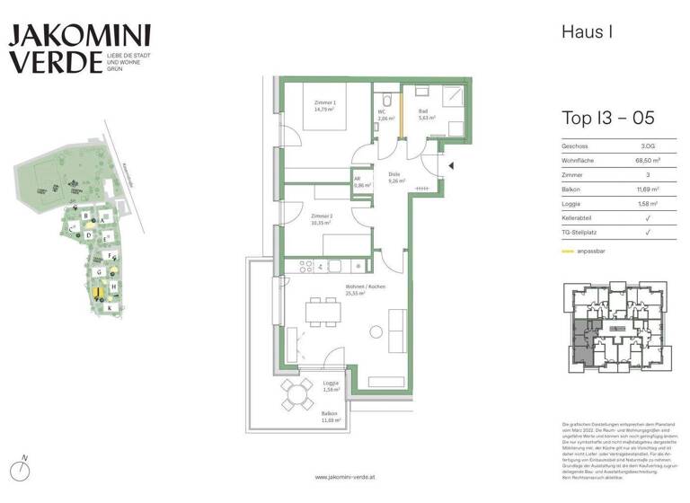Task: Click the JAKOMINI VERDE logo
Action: pyautogui.click(x=79, y=49)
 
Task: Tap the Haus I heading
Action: pyautogui.click(x=587, y=32)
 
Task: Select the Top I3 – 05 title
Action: pyautogui.click(x=607, y=118)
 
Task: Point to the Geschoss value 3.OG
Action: pyautogui.click(x=647, y=145)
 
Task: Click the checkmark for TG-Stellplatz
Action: pyautogui.click(x=647, y=234)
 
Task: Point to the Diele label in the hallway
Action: pyautogui.click(x=394, y=177)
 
